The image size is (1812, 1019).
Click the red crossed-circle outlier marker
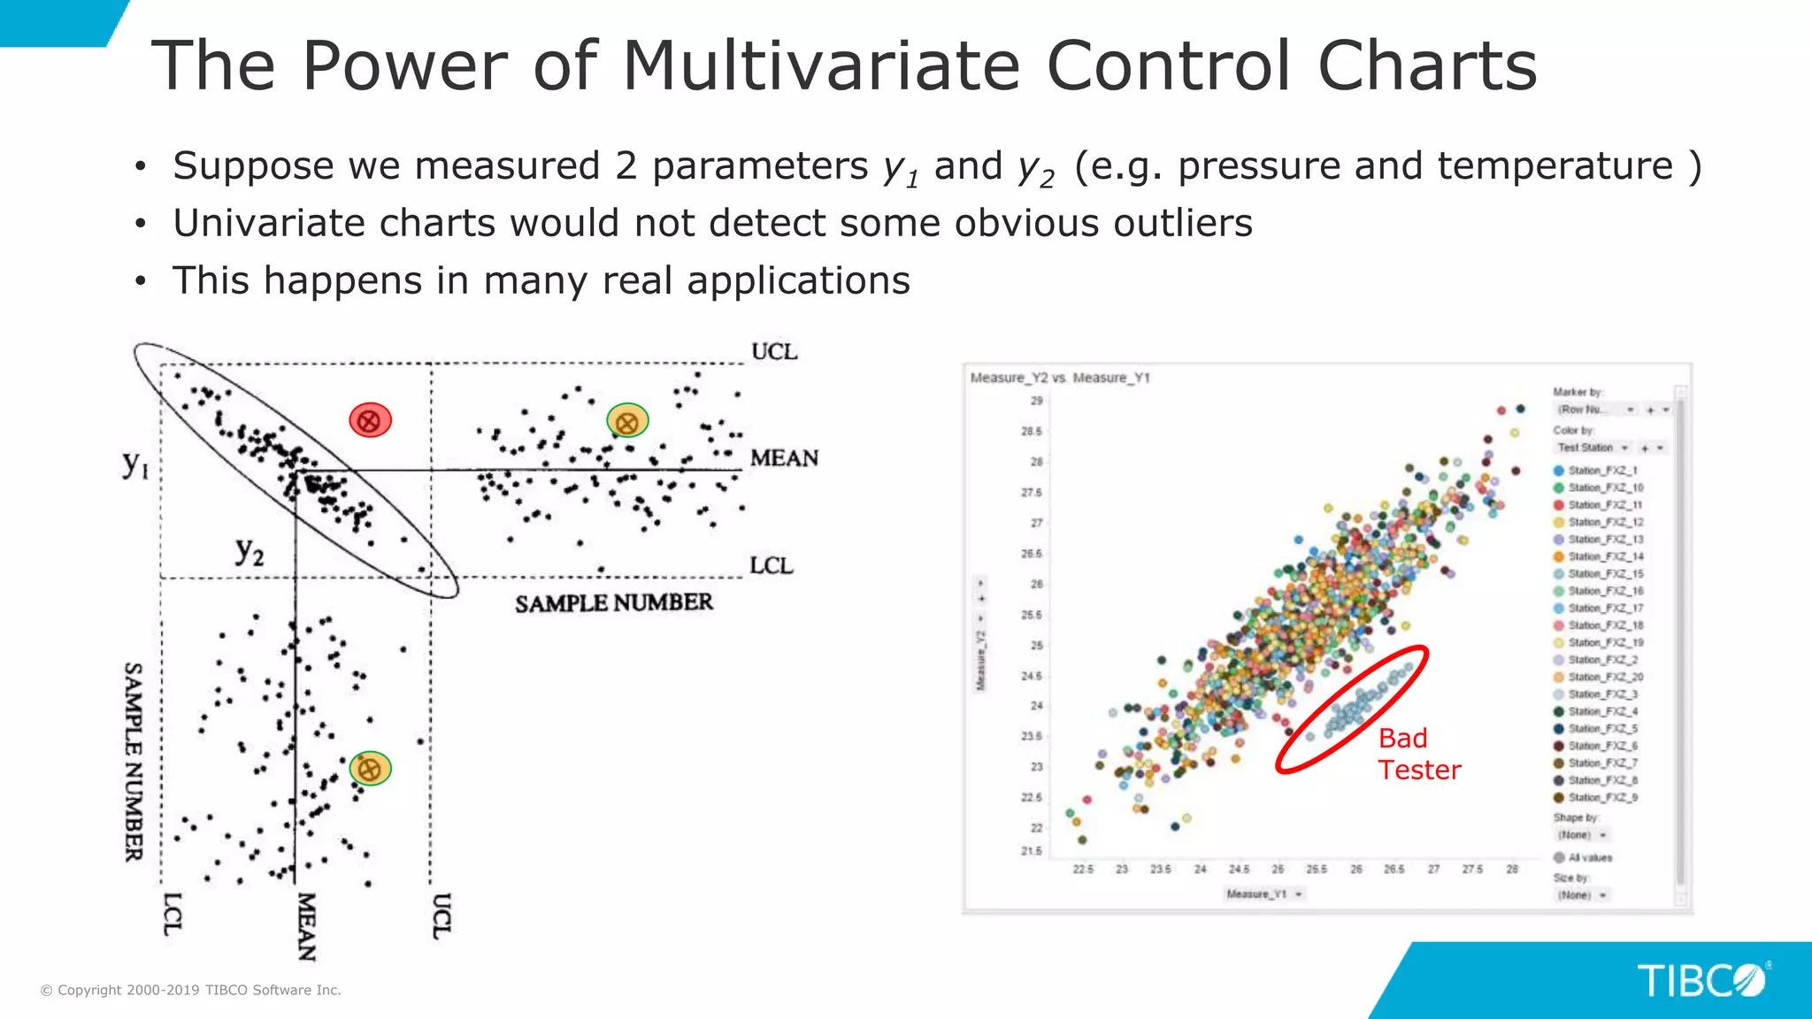(x=370, y=420)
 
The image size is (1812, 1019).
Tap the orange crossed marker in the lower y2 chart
(x=370, y=769)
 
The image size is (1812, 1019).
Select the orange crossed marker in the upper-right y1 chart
(x=627, y=422)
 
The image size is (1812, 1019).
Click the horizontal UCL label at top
(x=774, y=352)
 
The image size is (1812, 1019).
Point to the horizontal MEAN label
(x=784, y=458)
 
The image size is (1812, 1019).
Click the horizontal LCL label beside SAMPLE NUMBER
(x=772, y=566)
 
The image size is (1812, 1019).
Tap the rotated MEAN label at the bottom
(x=306, y=926)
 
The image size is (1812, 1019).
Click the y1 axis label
(x=135, y=464)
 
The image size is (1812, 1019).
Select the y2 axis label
(x=250, y=551)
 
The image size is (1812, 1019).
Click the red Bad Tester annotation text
(x=1418, y=755)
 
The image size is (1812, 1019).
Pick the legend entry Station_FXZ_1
(x=1602, y=471)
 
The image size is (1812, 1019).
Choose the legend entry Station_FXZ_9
(x=1602, y=798)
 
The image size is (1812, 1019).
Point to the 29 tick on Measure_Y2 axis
(x=1036, y=401)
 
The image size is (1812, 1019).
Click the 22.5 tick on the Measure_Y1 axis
(x=1083, y=870)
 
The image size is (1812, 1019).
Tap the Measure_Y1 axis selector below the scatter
(x=1263, y=894)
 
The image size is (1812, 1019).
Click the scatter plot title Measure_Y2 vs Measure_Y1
(x=1060, y=378)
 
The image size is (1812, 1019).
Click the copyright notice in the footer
(x=191, y=990)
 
